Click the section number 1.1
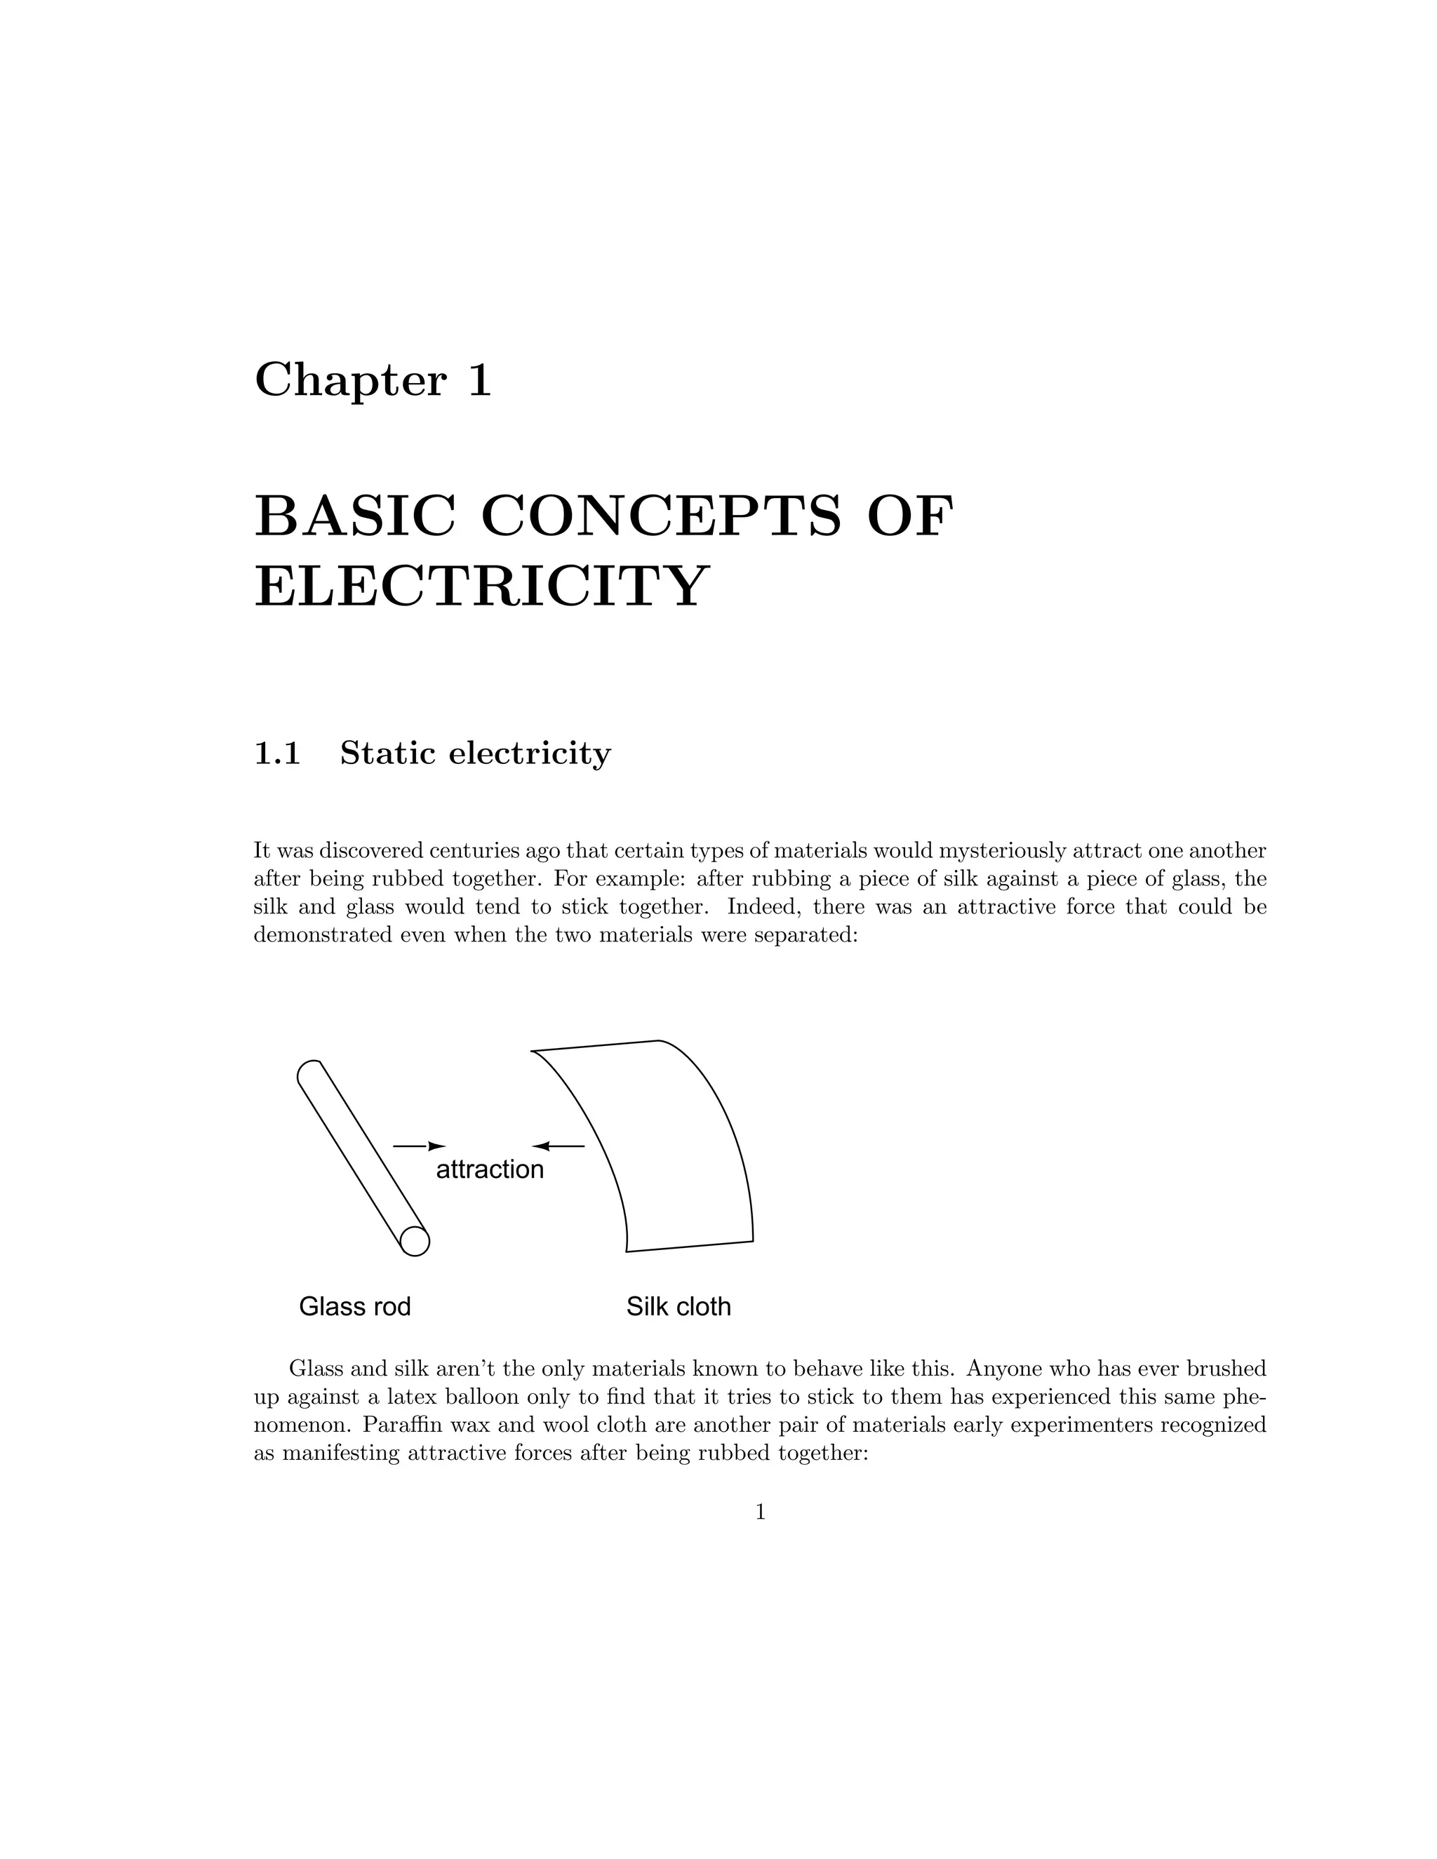click(278, 753)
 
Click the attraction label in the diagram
click(490, 1169)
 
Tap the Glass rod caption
click(355, 1307)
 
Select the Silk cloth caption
click(679, 1307)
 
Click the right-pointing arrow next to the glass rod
click(419, 1146)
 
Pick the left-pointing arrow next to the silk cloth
click(559, 1146)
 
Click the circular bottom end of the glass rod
click(415, 1242)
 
